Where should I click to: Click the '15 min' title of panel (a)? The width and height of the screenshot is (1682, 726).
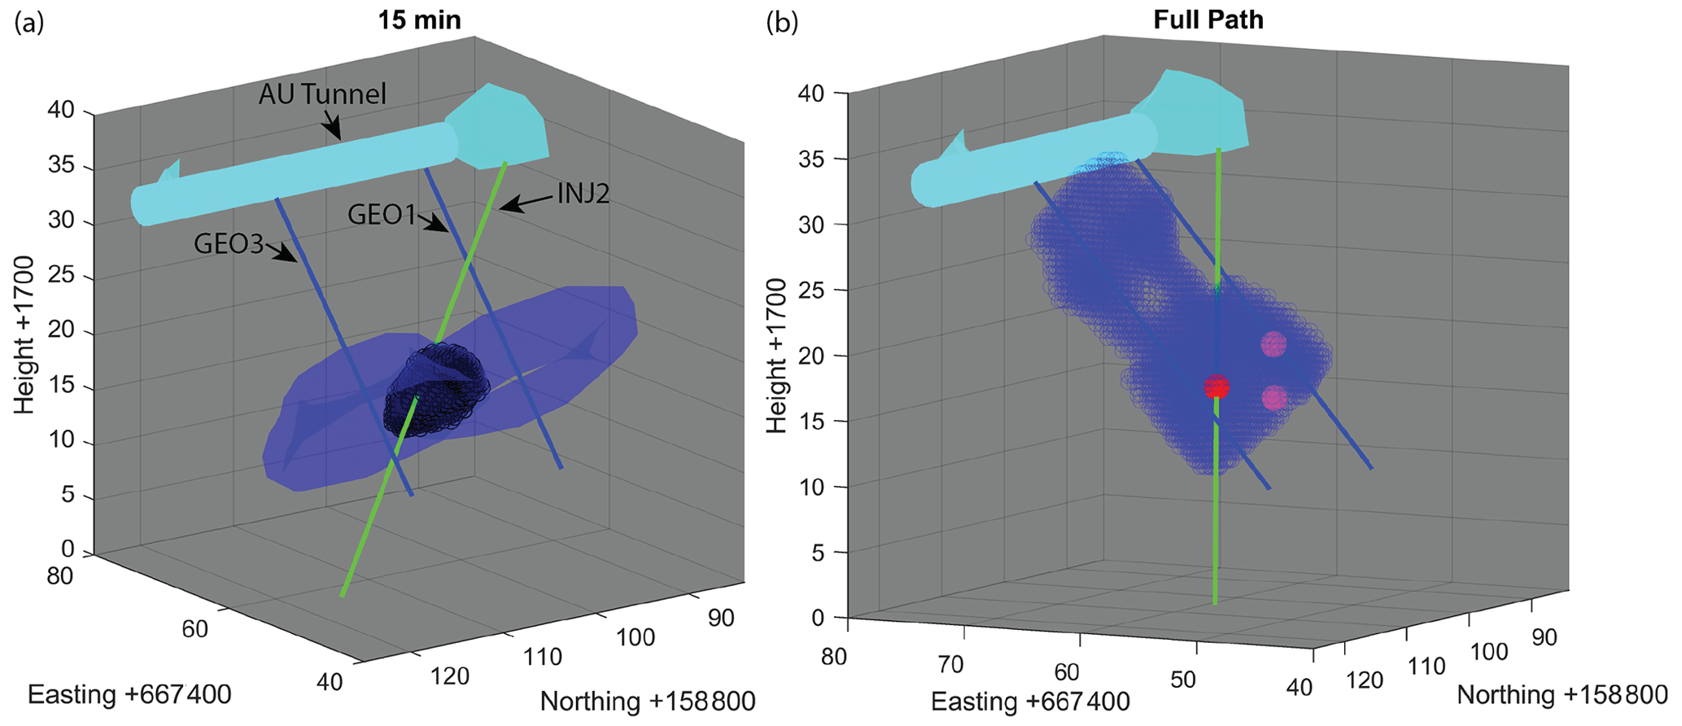click(419, 20)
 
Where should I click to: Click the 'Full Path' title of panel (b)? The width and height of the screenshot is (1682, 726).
click(1208, 20)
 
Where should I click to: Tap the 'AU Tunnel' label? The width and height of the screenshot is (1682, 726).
click(322, 94)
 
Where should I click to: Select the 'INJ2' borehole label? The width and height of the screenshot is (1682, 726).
click(583, 194)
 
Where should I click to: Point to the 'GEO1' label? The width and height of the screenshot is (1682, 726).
click(382, 215)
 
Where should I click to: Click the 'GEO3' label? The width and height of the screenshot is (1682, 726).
click(229, 243)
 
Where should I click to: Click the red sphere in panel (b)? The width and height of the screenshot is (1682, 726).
click(1217, 387)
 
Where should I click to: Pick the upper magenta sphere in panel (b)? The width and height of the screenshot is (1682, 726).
click(1274, 344)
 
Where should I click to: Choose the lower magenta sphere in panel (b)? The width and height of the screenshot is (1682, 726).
click(1274, 398)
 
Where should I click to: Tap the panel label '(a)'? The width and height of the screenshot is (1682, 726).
click(28, 24)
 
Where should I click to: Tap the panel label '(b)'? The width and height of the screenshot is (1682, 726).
click(782, 24)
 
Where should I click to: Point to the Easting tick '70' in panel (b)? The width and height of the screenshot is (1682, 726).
click(950, 665)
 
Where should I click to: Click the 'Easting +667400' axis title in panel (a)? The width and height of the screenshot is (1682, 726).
click(129, 694)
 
